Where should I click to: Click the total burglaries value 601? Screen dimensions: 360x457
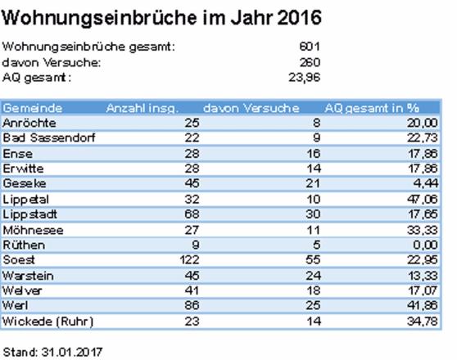click(310, 47)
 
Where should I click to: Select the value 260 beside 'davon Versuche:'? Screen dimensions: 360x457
click(310, 62)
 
